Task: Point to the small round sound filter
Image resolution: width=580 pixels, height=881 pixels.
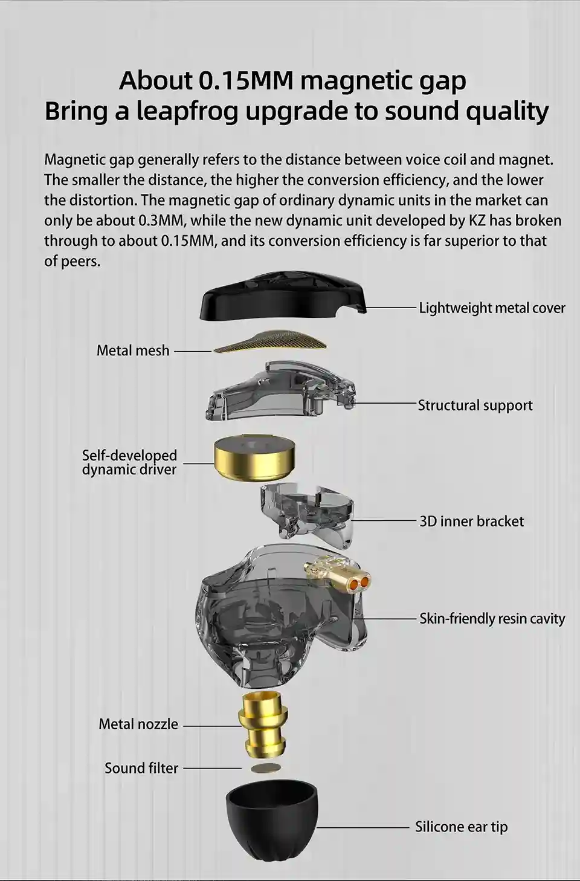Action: click(266, 768)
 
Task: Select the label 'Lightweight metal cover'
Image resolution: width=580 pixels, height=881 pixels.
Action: click(492, 308)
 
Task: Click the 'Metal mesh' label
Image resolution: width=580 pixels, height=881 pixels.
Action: click(133, 350)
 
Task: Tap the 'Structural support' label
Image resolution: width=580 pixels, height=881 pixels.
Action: click(475, 405)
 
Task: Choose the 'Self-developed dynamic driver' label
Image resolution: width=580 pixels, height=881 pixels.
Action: click(129, 462)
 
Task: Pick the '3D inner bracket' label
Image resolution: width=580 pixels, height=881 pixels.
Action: click(472, 521)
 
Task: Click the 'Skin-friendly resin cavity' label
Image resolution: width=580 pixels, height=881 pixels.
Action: click(492, 618)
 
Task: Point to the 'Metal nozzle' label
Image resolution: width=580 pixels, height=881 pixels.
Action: click(138, 724)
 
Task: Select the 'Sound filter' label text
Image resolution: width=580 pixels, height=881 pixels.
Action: click(141, 768)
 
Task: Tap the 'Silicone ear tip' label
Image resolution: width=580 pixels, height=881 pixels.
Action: click(461, 827)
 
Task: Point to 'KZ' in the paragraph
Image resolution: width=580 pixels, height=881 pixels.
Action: click(477, 221)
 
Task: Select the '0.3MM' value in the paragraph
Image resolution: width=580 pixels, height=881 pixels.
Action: click(162, 221)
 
